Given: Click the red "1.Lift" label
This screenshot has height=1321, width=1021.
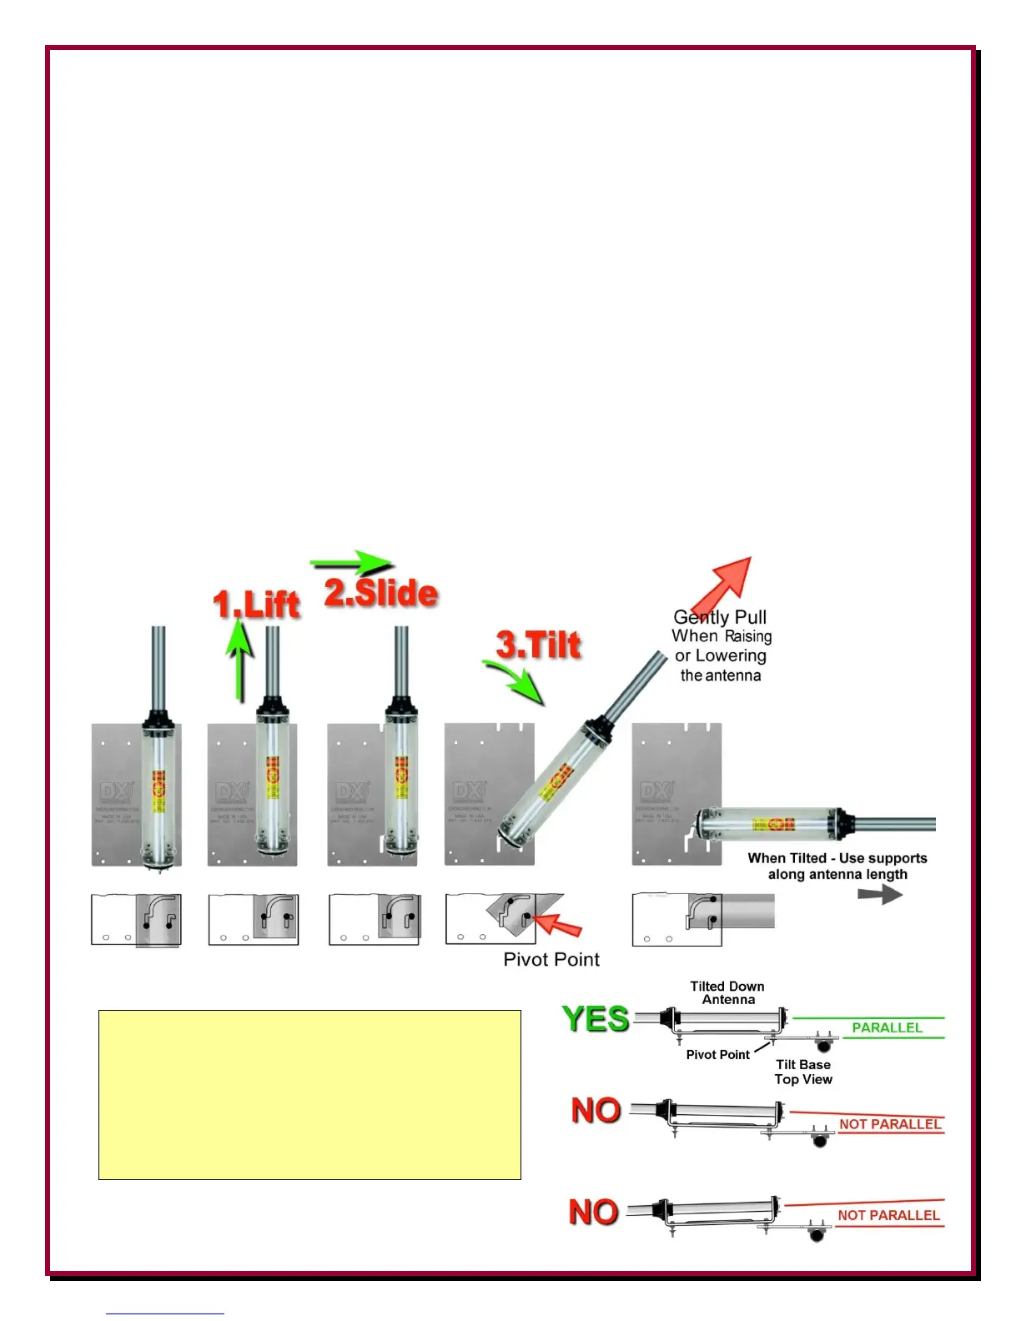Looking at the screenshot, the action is click(256, 604).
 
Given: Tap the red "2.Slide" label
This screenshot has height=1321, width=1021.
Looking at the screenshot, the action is click(380, 593).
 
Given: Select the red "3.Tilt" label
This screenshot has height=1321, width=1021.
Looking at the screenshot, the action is click(538, 645).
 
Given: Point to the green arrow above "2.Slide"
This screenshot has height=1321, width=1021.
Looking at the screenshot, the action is click(351, 563).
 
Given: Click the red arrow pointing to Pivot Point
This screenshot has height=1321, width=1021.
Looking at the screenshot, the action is click(557, 924).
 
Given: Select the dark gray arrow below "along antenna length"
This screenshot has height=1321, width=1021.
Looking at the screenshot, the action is click(880, 894).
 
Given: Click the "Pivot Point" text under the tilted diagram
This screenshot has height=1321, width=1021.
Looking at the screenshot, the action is click(551, 959).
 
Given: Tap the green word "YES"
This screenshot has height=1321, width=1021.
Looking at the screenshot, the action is click(596, 1019).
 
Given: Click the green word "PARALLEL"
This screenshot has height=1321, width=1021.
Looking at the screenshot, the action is click(887, 1027).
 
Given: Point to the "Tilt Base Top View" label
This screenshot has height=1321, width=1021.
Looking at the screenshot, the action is click(802, 1072).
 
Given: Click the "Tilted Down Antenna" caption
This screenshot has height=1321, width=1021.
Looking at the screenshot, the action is click(727, 992).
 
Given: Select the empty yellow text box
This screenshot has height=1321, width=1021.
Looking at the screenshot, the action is click(309, 1094).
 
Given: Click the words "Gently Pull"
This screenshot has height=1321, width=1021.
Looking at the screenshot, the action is click(720, 617).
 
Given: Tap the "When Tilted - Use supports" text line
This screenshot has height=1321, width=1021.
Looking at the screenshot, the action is click(837, 858).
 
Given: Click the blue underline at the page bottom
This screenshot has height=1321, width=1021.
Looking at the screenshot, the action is click(165, 1313).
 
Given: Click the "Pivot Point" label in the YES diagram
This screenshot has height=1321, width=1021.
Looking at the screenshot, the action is click(717, 1054).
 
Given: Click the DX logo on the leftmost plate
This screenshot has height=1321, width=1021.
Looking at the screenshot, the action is click(115, 791).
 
